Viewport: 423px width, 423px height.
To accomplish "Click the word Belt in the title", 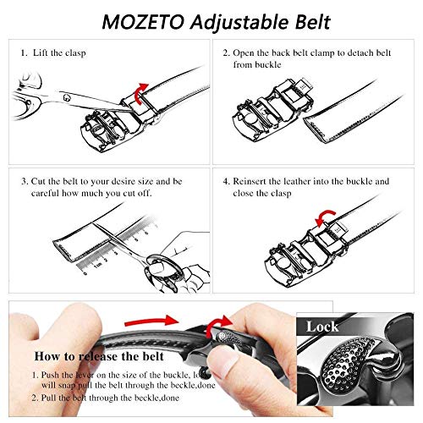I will [298, 19].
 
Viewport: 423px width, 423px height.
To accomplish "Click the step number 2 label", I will [226, 52].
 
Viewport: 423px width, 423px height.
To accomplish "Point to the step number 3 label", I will [22, 180].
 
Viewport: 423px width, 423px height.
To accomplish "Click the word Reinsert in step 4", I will [260, 180].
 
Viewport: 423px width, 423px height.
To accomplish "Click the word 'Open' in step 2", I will [251, 52].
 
